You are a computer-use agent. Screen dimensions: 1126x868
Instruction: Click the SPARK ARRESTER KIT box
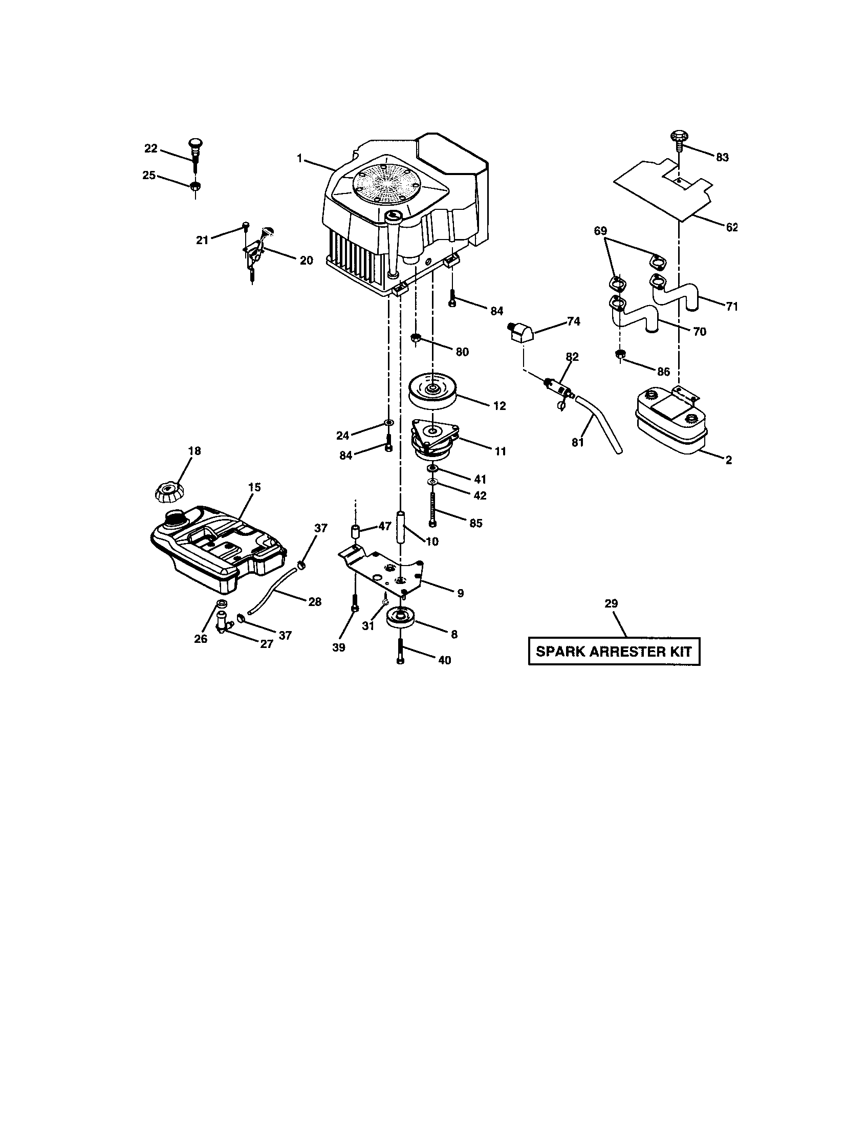[613, 651]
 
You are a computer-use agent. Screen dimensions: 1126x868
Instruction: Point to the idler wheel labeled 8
[401, 618]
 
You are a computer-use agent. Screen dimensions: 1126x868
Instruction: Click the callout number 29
[611, 603]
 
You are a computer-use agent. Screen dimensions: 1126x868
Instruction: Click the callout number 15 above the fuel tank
[255, 487]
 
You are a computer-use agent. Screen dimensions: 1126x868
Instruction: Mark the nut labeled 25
[195, 187]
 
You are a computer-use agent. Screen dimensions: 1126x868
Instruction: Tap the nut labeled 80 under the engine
[416, 338]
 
